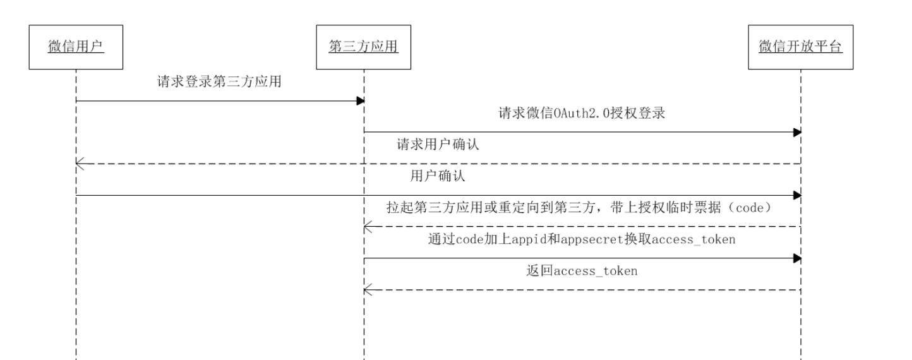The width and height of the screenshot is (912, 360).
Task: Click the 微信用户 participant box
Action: coord(76,47)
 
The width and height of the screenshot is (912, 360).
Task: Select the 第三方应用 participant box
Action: coord(364,47)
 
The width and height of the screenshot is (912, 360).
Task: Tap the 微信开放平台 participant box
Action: coord(801,47)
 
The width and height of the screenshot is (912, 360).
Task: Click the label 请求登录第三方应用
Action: coord(219,81)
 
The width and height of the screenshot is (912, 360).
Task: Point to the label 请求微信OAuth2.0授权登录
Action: coord(582,113)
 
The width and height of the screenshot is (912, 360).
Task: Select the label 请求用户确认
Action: coord(438,144)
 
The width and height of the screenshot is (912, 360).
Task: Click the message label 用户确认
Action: coord(438,176)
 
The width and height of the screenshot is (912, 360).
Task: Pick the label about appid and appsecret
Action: coord(582,239)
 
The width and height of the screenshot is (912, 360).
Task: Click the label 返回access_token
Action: coord(582,271)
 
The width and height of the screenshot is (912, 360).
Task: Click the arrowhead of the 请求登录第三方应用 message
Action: coord(360,101)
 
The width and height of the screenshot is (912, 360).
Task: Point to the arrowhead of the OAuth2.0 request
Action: coord(797,132)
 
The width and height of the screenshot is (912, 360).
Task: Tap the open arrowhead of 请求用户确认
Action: coord(80,164)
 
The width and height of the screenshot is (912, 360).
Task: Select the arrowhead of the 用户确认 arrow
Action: coord(797,196)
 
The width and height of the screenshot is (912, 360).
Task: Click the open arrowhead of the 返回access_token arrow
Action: coord(368,291)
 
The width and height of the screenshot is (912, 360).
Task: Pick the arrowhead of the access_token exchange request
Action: coord(797,258)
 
